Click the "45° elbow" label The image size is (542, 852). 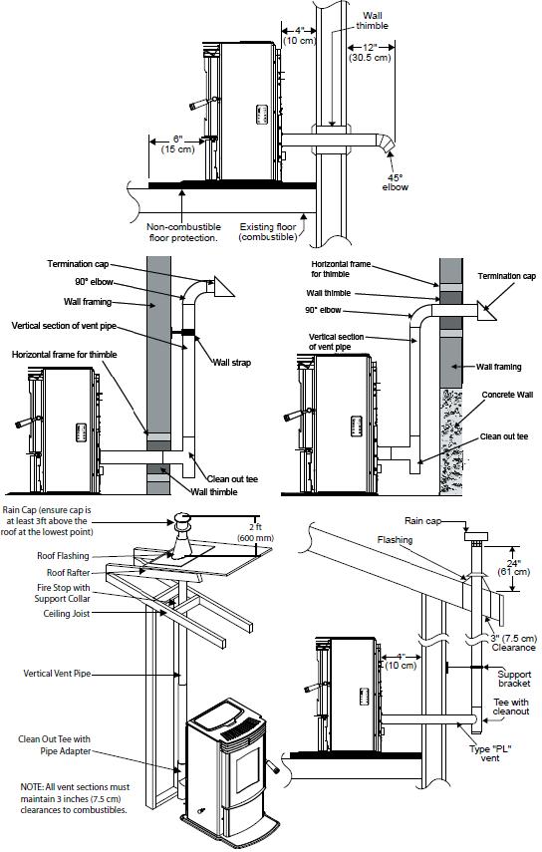pos(395,182)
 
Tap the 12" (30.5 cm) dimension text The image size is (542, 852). pos(370,52)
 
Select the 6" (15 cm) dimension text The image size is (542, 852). pos(177,143)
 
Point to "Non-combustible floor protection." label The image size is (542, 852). pos(183,232)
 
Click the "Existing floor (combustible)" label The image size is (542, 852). pos(268,232)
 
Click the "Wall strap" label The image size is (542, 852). pos(232,363)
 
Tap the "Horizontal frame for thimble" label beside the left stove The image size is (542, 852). pos(64,355)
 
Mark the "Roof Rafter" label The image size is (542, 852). pos(69,572)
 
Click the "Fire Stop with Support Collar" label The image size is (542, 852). pos(63,593)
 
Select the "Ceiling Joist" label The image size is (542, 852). pos(67,614)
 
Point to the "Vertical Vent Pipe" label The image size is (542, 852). pos(57,674)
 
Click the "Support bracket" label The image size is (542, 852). pos(514,679)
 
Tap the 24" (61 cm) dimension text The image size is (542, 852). pos(514,567)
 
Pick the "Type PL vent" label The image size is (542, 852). pos(490,753)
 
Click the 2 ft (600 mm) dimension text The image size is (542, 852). pos(255,532)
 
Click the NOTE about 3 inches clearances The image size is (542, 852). pos(75,798)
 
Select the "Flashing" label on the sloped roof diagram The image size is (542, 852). pos(395,539)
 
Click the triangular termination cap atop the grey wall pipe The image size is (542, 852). pos(222,286)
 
